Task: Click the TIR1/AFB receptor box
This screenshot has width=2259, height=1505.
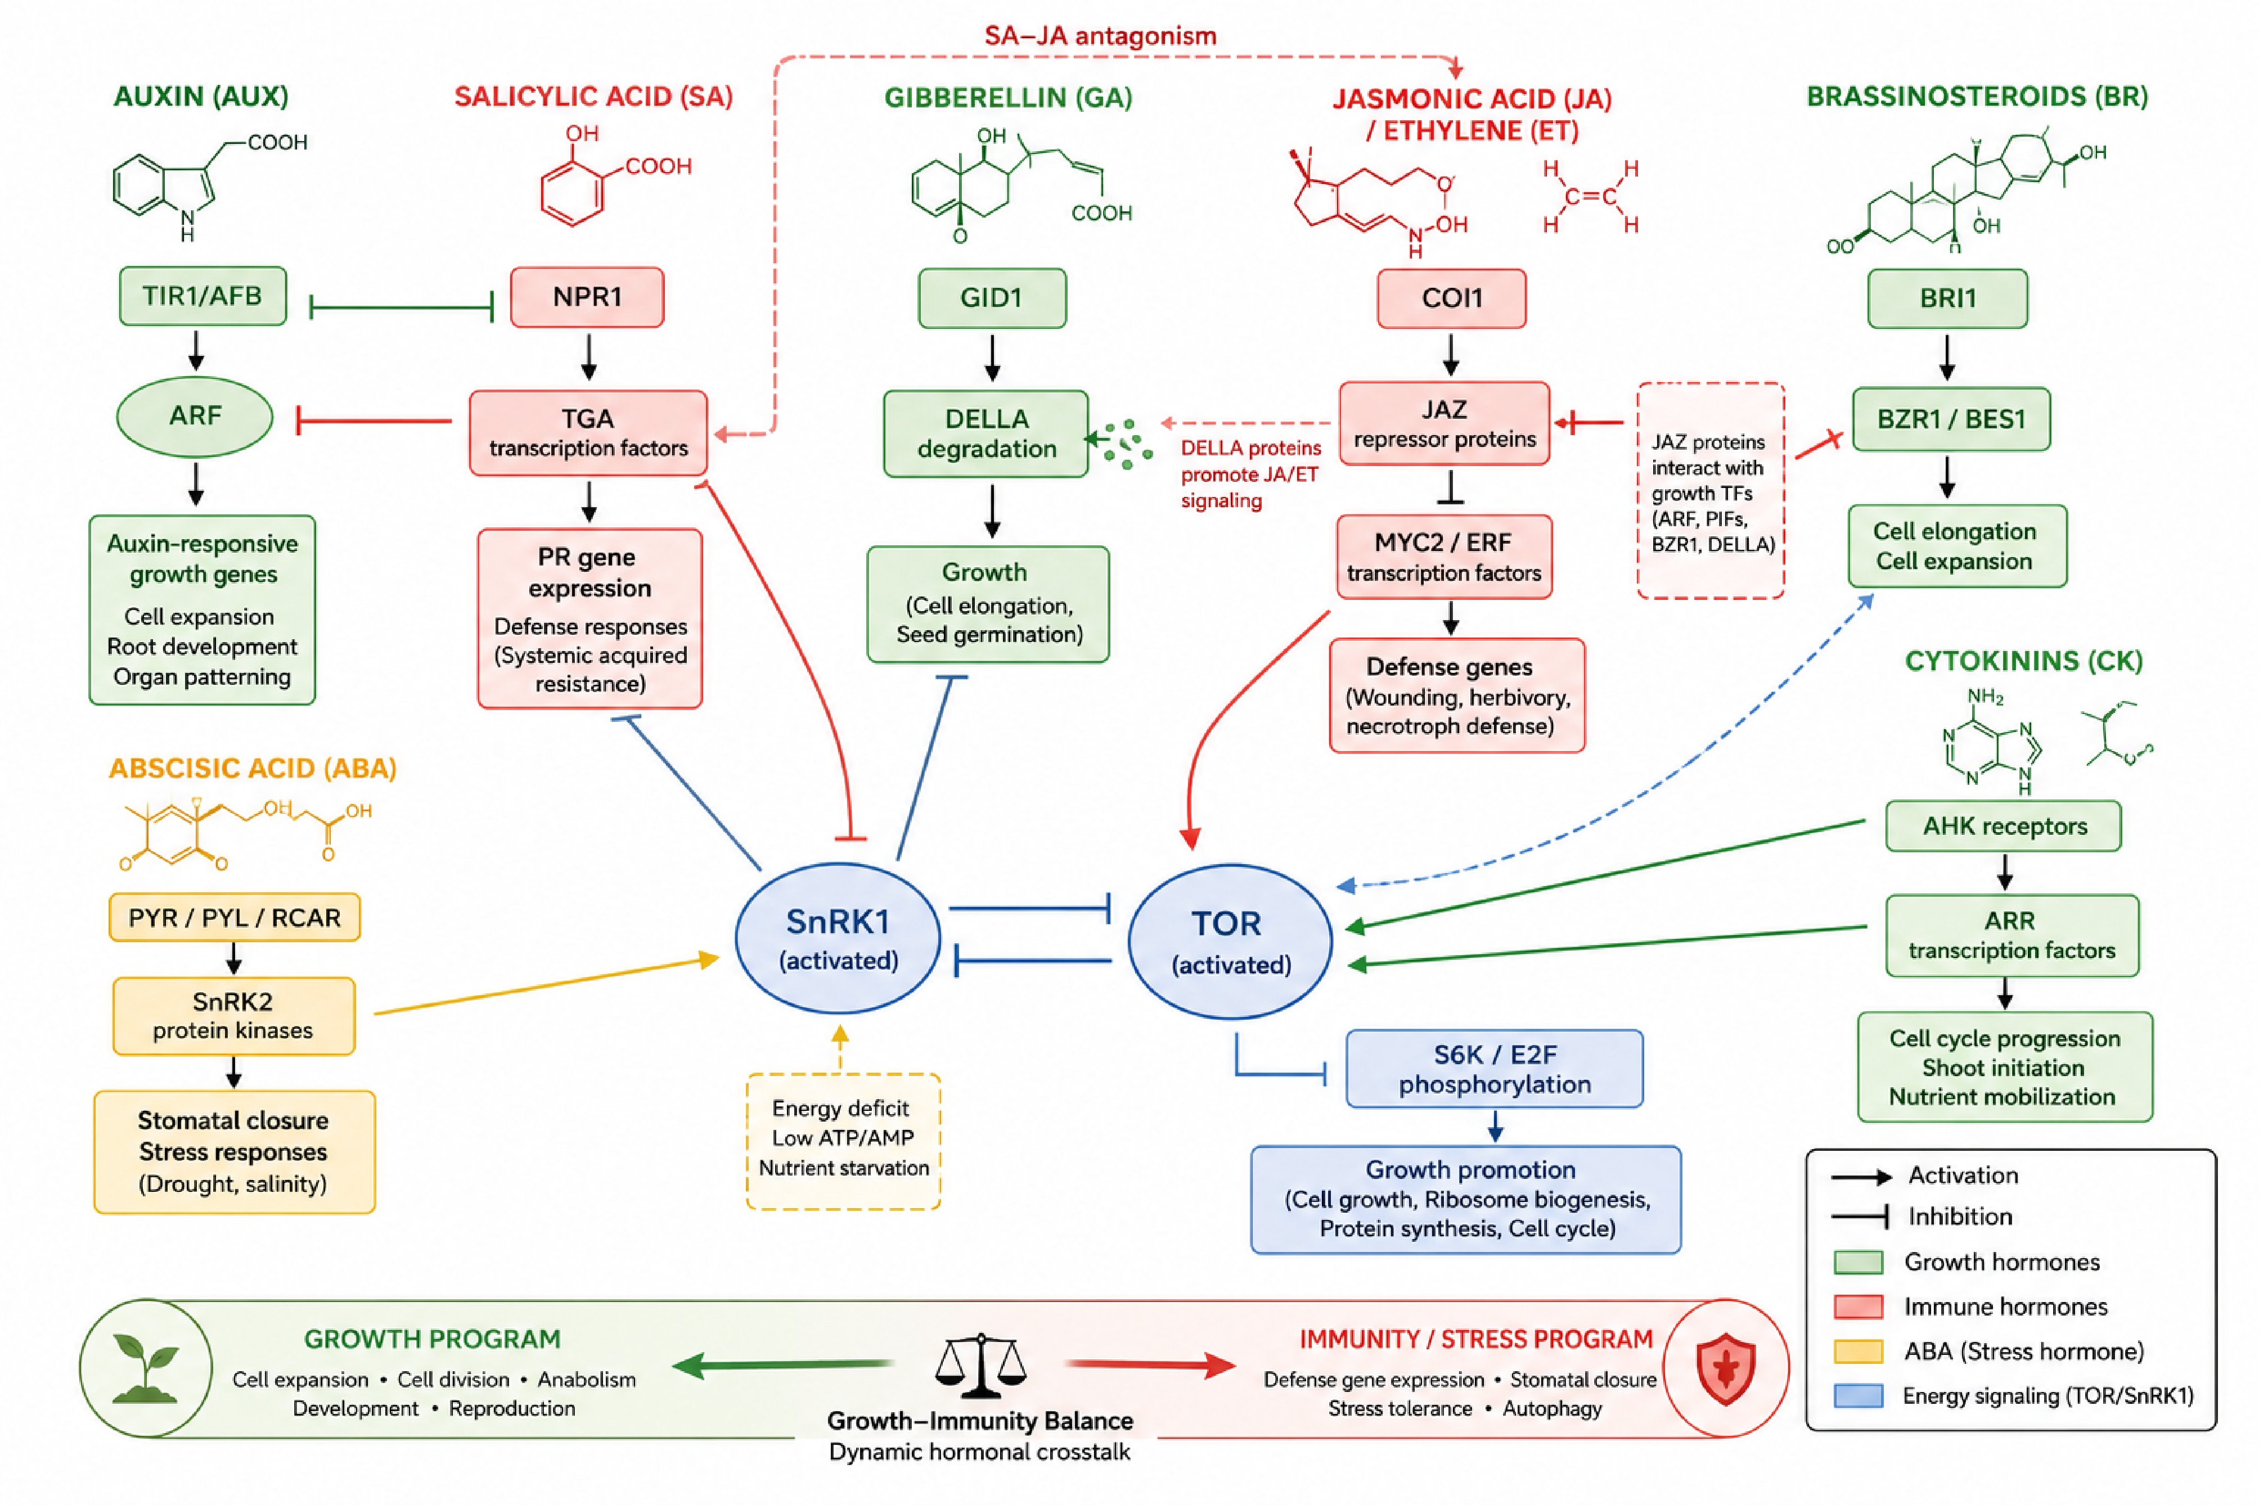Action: (202, 297)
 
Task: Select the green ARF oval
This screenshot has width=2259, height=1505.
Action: (195, 417)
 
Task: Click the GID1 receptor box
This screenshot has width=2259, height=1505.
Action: (992, 299)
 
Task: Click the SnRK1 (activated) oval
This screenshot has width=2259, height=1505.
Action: (838, 939)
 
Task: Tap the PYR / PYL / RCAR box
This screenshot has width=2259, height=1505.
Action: (234, 918)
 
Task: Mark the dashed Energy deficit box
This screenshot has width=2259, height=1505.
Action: (843, 1141)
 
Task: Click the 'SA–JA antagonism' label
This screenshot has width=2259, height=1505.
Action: (1100, 37)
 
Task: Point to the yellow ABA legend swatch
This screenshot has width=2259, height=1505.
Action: (1858, 1352)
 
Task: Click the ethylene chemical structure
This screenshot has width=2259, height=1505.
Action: (1590, 197)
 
